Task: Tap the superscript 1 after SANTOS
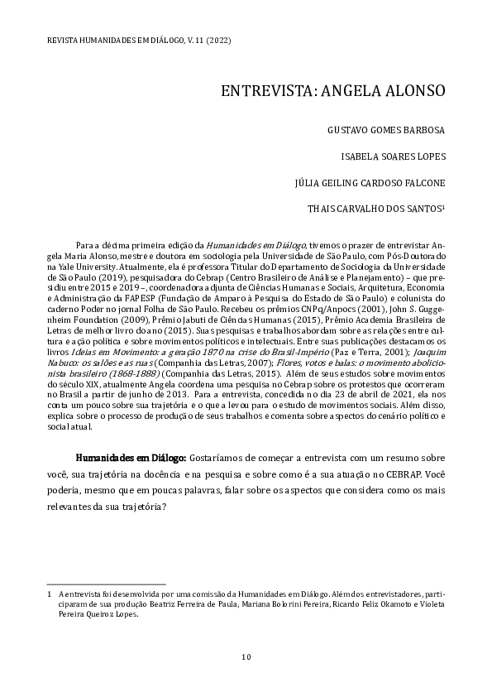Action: pos(445,207)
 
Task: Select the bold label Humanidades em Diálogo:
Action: pos(131,457)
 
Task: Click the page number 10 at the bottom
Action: pos(246,657)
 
